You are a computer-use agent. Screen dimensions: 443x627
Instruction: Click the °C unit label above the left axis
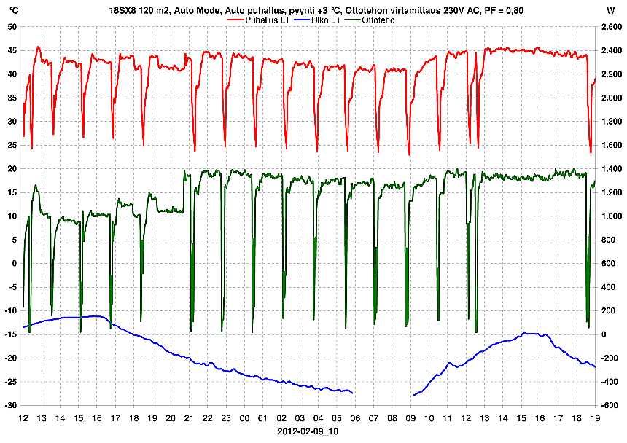click(x=14, y=11)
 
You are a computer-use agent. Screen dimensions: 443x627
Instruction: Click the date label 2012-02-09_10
click(x=308, y=431)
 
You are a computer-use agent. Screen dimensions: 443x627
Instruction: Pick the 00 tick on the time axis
click(x=245, y=418)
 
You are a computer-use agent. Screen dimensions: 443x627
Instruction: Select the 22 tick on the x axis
click(x=208, y=418)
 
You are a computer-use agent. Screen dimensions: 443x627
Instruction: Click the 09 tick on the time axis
click(x=411, y=418)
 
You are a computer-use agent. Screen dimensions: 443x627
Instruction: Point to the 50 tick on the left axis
click(x=12, y=27)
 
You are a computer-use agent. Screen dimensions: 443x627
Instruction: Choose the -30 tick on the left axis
click(x=11, y=405)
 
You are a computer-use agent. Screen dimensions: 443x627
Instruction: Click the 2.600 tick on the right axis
click(x=609, y=27)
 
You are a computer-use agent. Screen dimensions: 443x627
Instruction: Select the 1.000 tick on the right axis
click(x=609, y=216)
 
